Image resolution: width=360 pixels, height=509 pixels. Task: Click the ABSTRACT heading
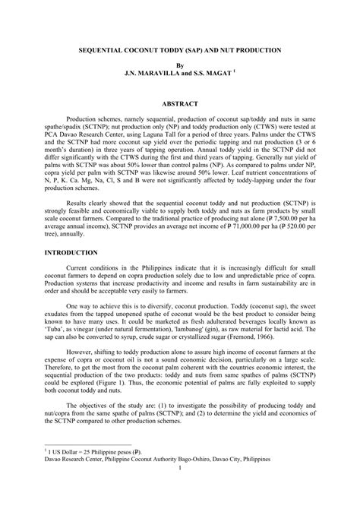[179, 103]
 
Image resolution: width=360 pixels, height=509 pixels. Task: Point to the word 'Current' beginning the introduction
[81, 268]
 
